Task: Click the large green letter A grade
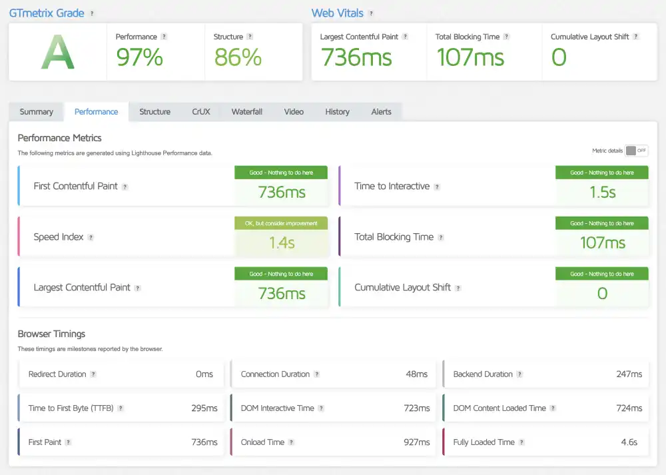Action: (57, 53)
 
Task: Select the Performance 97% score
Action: (139, 58)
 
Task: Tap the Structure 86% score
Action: (237, 58)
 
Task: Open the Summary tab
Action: (36, 112)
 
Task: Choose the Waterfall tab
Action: (246, 112)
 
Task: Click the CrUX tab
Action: (200, 112)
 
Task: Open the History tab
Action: (337, 112)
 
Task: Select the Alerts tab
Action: (381, 112)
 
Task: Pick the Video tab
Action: (294, 112)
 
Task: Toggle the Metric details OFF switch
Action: (636, 151)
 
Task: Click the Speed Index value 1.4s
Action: (282, 243)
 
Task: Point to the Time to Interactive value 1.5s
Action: (602, 193)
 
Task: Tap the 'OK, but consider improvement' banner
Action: (281, 223)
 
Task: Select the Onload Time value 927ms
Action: (417, 442)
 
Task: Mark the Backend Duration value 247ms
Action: (629, 374)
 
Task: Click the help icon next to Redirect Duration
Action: (93, 374)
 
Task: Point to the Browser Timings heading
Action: (51, 334)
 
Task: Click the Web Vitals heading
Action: (338, 13)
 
